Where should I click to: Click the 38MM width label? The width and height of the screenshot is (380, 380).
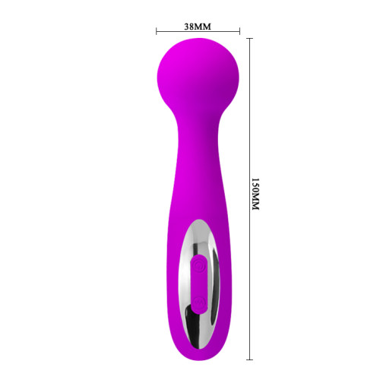point(198,24)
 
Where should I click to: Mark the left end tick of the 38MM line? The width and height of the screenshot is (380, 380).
point(157,32)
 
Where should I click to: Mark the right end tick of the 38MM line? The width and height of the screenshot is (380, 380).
point(239,32)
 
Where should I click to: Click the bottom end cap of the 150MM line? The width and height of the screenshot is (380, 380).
point(249,358)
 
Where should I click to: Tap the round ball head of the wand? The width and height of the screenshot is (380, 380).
point(198,72)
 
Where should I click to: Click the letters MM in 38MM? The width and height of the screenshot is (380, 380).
point(203,24)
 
